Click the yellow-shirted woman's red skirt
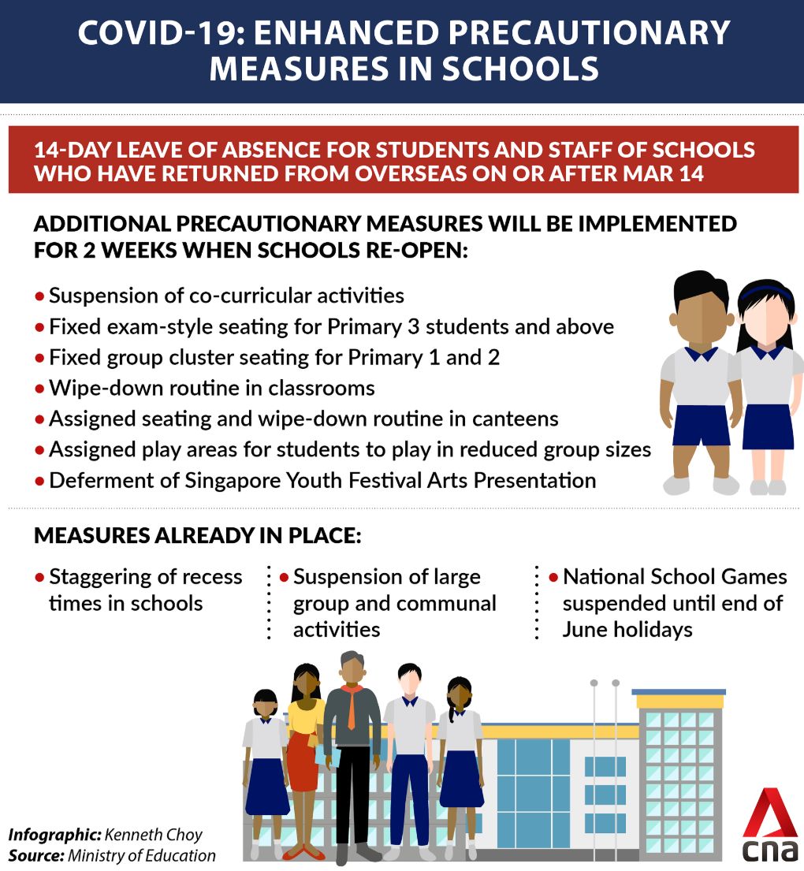point(302,760)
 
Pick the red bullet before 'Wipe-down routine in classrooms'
point(39,389)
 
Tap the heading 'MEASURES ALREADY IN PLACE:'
point(197,537)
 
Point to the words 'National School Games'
point(675,577)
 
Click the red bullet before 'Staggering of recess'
point(39,577)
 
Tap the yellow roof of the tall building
point(679,701)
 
